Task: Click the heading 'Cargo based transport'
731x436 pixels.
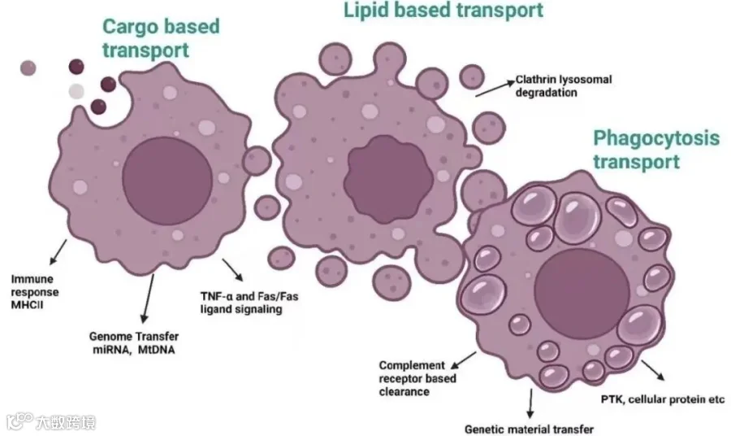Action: [x=161, y=38]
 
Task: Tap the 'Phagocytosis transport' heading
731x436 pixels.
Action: [x=656, y=149]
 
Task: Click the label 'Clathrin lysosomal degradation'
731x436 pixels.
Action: [x=564, y=85]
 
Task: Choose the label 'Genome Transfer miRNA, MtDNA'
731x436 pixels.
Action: [x=133, y=342]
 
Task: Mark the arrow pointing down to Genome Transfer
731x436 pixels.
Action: [x=145, y=298]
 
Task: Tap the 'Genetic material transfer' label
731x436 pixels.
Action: [x=529, y=429]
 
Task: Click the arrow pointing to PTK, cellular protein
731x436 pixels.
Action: [x=652, y=370]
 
